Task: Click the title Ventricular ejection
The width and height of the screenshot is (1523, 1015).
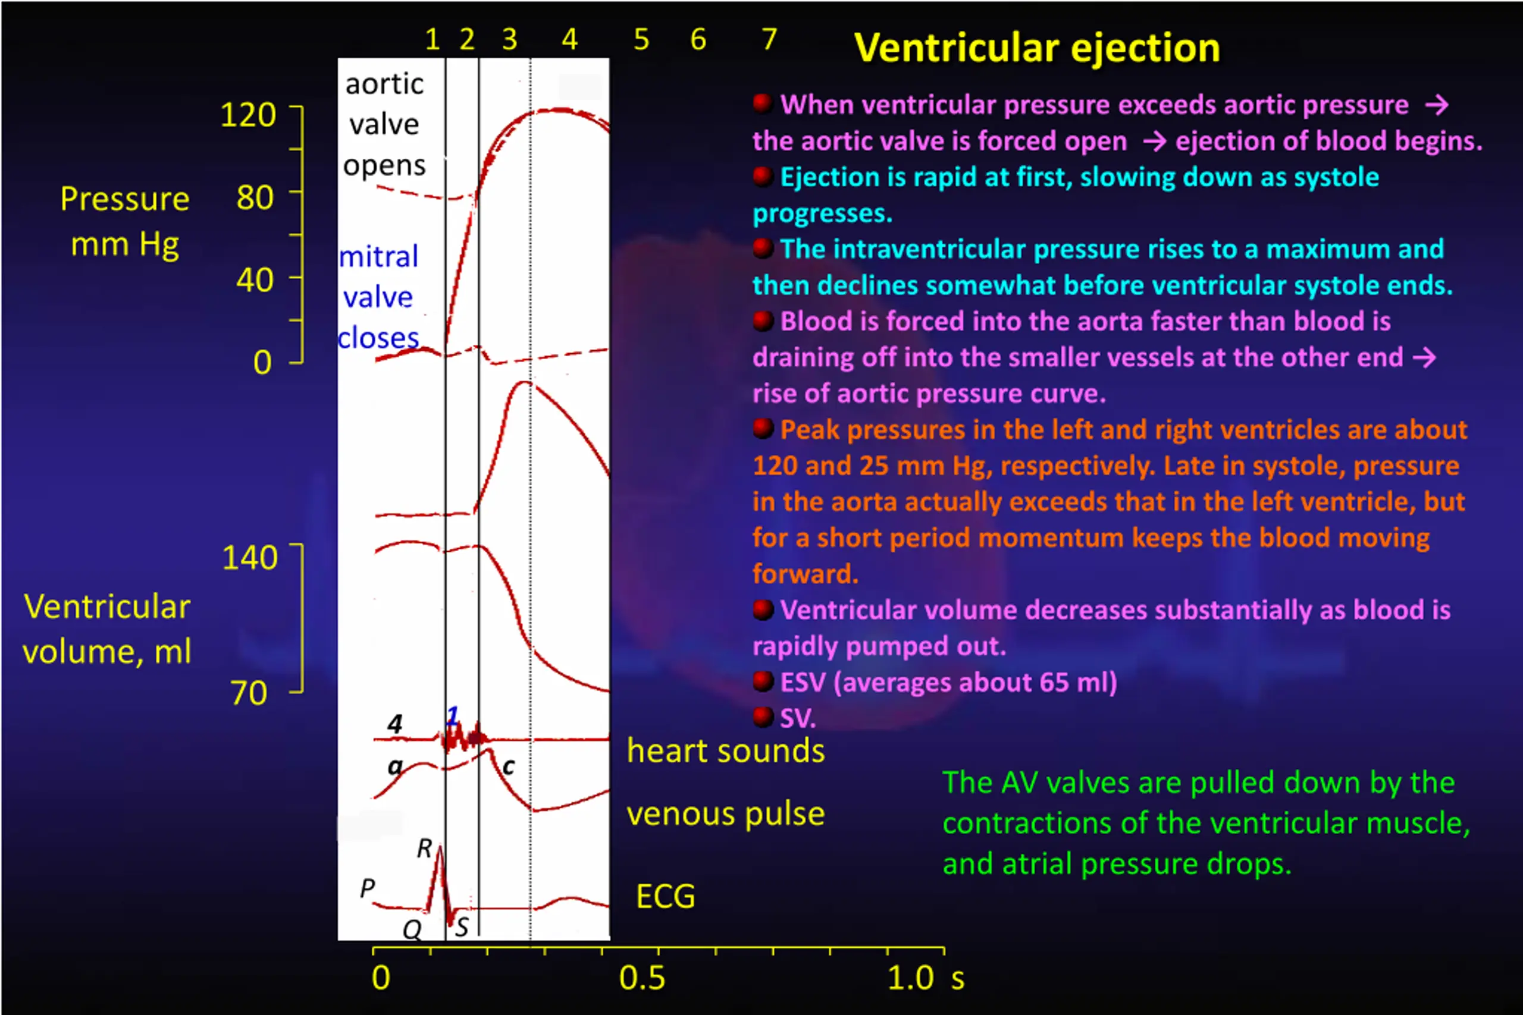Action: [1037, 49]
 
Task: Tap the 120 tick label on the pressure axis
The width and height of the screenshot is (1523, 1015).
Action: [249, 115]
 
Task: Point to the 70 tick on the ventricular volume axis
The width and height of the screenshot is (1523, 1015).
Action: [249, 693]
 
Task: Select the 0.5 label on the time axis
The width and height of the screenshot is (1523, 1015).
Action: [642, 978]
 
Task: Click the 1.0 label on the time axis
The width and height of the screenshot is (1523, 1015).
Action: [910, 978]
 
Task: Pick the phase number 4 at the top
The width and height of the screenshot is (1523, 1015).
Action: [569, 39]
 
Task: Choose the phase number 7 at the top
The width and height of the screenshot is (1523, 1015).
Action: [769, 39]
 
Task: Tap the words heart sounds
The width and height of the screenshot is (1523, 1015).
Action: [726, 752]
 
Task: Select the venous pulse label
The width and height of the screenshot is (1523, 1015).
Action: [726, 813]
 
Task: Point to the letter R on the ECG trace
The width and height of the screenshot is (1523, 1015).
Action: [424, 848]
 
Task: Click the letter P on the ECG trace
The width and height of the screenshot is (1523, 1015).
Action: [367, 888]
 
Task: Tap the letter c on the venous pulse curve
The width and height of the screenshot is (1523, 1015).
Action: [509, 767]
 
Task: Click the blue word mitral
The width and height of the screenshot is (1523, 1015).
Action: [379, 257]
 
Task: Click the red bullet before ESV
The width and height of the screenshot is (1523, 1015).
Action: [763, 681]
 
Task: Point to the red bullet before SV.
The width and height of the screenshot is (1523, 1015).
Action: [763, 717]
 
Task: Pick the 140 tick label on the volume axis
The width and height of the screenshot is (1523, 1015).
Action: [249, 558]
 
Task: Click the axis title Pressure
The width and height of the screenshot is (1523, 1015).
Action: [125, 199]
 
